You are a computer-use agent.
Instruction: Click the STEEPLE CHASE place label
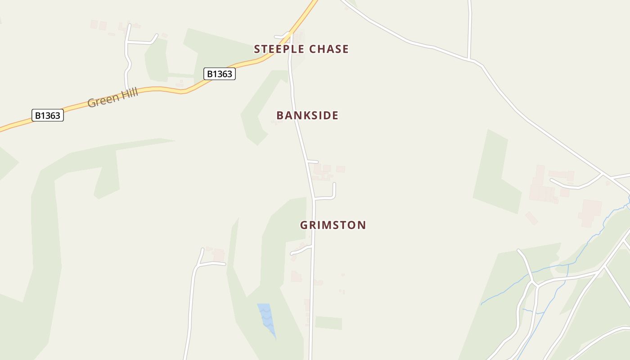coord(301,49)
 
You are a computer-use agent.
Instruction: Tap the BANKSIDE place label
coord(307,115)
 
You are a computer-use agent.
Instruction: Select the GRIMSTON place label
coord(333,225)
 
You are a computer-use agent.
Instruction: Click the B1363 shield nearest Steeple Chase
coord(220,74)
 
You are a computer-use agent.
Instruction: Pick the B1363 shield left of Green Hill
coord(48,115)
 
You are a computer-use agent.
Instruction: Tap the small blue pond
coord(266,317)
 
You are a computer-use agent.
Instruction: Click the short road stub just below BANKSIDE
coord(313,161)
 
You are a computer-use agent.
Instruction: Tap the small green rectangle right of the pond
coord(328,323)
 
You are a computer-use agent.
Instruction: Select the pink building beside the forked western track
coord(219,255)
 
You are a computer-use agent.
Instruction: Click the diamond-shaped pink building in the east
coord(531,218)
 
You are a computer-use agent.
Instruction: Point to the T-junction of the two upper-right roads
coord(469,59)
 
